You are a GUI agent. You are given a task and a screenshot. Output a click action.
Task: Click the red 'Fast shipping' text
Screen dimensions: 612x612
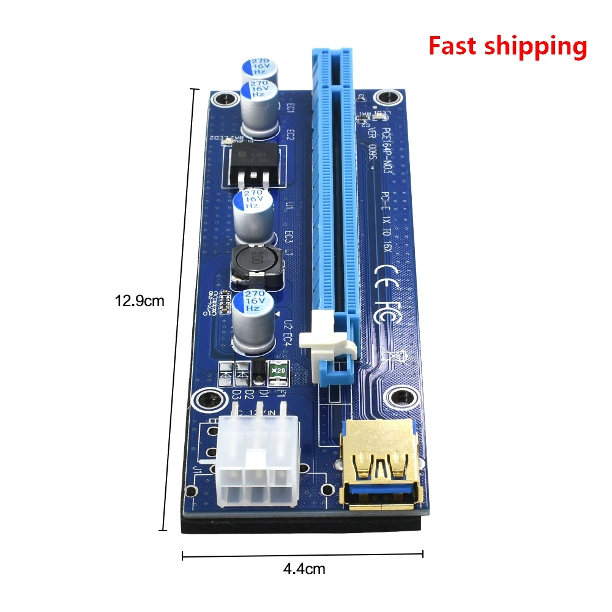(507, 47)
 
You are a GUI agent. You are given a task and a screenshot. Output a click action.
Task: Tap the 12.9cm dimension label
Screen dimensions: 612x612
(140, 300)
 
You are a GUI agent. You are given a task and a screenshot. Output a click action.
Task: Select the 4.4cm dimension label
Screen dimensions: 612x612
(304, 569)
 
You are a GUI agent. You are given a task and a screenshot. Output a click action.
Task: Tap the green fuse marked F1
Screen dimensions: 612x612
(279, 370)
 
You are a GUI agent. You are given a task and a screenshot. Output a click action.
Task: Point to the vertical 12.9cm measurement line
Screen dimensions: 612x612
(181, 310)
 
